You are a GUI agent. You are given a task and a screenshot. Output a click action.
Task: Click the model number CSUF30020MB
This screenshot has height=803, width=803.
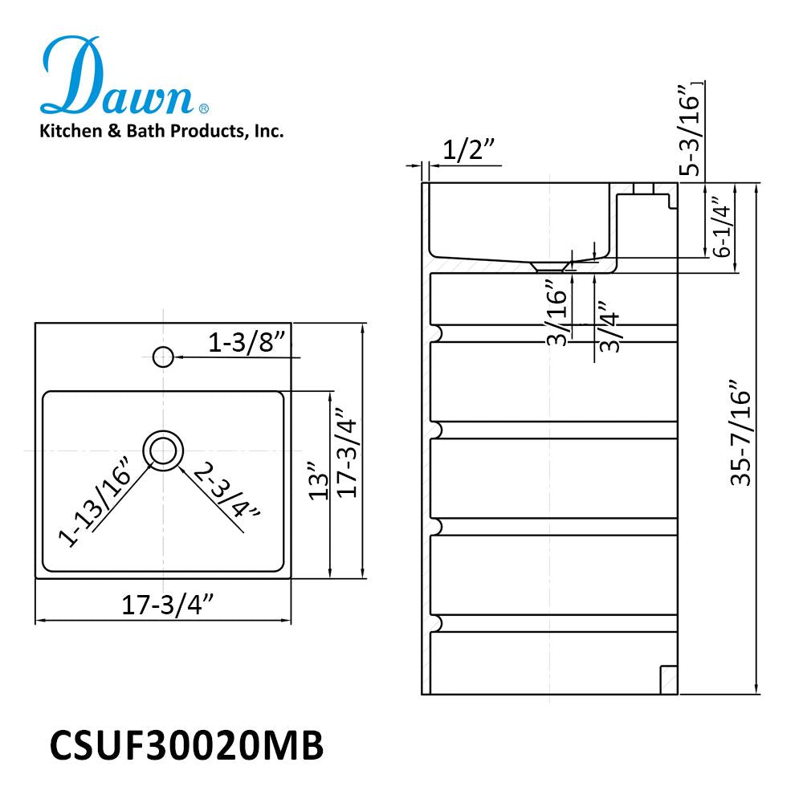tap(187, 745)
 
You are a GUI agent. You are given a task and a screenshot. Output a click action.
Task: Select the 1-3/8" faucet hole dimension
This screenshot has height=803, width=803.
tap(247, 343)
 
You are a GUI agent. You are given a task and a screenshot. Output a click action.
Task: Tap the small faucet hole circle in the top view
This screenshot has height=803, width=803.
tap(163, 356)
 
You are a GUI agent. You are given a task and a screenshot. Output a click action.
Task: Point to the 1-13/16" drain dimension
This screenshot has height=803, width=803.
tap(95, 503)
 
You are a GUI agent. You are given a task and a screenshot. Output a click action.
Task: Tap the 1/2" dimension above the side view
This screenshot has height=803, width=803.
tap(467, 149)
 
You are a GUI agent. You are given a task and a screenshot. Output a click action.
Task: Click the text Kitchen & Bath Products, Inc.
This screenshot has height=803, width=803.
tap(161, 131)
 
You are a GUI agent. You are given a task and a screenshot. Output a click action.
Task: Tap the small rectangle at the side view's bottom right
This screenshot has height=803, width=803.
tap(668, 680)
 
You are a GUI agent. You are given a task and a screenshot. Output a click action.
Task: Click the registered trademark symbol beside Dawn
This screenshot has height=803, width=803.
tap(204, 108)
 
